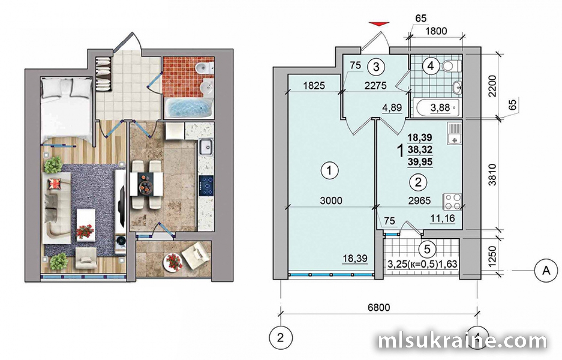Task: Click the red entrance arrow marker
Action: pos(379,24)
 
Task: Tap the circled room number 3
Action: pos(376,67)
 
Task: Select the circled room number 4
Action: pos(431,66)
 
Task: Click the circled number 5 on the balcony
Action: pos(427,249)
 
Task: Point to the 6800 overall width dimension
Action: pos(379,307)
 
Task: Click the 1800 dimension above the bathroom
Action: pos(436,31)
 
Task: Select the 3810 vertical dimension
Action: pos(493,175)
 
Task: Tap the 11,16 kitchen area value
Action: pos(442,218)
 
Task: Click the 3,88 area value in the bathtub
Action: pos(440,108)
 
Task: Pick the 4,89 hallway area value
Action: pos(392,108)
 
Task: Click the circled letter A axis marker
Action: pos(546,271)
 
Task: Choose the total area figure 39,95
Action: pos(420,162)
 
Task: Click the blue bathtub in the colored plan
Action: pos(189,108)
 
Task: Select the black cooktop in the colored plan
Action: pos(206,186)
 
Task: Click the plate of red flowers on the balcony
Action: pos(173,262)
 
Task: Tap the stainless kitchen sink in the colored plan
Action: pos(206,147)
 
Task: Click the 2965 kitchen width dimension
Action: pos(419,201)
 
